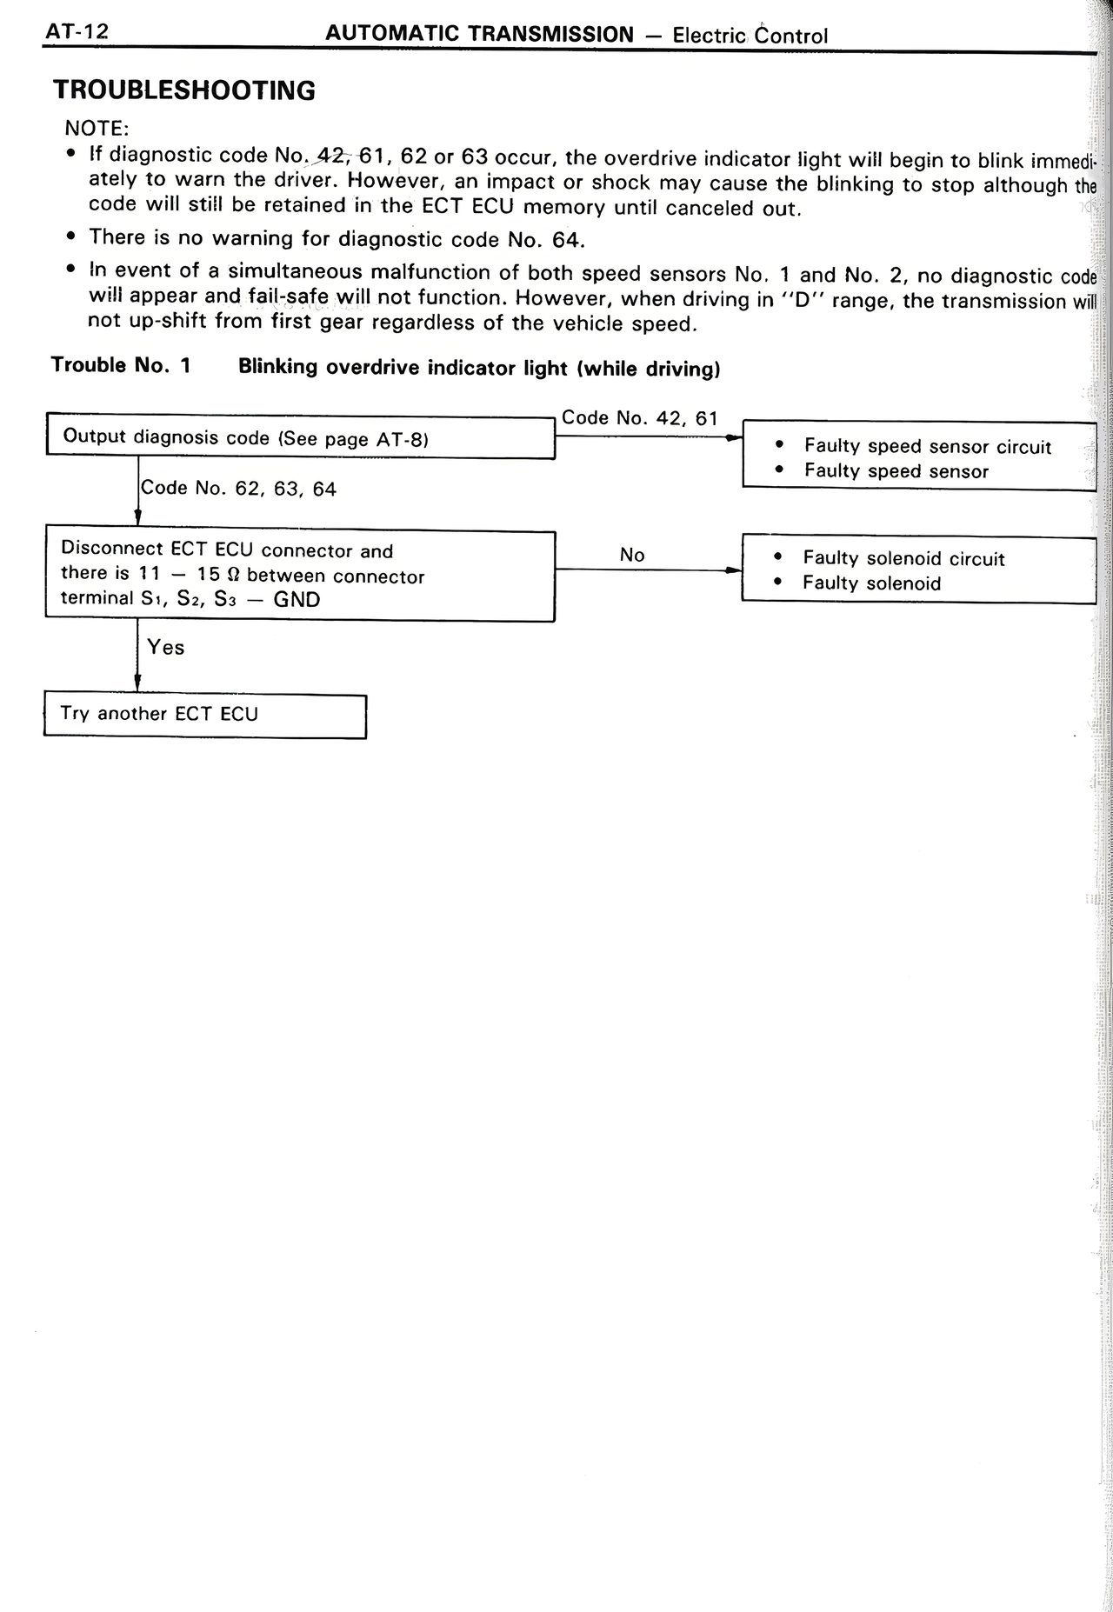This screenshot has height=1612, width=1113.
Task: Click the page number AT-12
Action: point(77,33)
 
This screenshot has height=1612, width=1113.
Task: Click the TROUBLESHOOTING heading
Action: point(183,90)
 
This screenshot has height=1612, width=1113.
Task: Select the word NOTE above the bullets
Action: point(96,129)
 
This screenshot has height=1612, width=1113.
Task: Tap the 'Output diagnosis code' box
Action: point(300,437)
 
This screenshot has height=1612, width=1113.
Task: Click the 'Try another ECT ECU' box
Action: point(204,715)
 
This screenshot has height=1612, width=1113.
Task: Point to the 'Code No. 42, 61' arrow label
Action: point(640,418)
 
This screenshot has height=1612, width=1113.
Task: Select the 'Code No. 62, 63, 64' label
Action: point(238,489)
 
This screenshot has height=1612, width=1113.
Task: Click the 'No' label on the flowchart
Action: point(632,556)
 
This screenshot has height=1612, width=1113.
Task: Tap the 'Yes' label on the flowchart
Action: point(166,648)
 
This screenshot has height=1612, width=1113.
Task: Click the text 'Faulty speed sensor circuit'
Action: point(928,447)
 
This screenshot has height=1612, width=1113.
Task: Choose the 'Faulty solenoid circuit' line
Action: point(903,559)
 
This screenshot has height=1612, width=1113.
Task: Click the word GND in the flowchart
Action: point(297,600)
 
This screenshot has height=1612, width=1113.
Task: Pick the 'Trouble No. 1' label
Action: point(121,365)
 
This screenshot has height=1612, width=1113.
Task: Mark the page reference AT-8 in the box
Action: point(400,440)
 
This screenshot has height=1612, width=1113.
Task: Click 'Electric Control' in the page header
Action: point(750,36)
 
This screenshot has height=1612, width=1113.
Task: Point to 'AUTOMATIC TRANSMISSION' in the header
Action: point(479,35)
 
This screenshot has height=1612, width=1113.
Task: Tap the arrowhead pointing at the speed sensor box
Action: point(735,437)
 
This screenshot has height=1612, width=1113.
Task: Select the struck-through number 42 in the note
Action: point(330,157)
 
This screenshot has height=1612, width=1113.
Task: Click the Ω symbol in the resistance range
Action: point(231,576)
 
